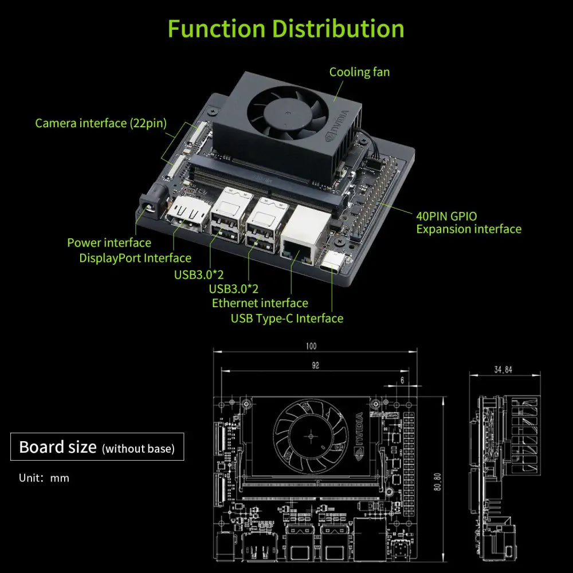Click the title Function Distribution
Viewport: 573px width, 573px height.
(x=286, y=29)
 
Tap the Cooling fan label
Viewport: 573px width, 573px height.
(x=359, y=72)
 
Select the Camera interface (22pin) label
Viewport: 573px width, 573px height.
(x=100, y=123)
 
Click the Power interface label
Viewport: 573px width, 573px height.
(x=109, y=243)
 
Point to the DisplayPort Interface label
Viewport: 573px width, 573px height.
(x=135, y=258)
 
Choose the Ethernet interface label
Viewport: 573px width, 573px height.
(x=260, y=303)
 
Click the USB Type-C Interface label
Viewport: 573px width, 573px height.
(x=286, y=319)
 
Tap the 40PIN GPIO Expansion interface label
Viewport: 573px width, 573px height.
(x=468, y=223)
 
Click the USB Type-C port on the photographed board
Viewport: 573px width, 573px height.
(x=332, y=264)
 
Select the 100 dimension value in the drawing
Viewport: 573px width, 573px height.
(x=311, y=346)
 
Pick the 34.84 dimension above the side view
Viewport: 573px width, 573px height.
(x=503, y=370)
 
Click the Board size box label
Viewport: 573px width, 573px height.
(x=97, y=447)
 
